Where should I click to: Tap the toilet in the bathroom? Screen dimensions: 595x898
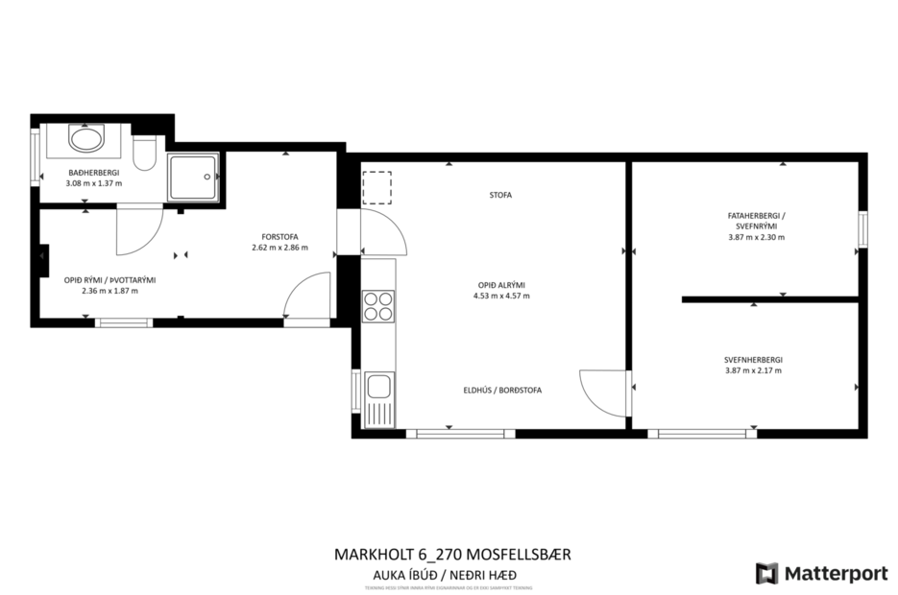[144, 154]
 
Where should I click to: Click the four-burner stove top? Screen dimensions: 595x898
[378, 305]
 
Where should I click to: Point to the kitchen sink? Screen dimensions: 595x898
[378, 389]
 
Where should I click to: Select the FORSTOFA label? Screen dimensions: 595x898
[279, 236]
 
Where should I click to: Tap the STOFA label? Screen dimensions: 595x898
[500, 195]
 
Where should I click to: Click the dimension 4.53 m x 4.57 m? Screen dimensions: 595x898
[500, 296]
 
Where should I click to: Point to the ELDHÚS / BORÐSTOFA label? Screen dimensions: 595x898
[500, 391]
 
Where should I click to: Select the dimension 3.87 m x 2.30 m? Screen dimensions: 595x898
[756, 236]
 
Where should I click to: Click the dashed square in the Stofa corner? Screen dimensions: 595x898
[377, 187]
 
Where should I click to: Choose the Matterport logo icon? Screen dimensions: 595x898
[767, 573]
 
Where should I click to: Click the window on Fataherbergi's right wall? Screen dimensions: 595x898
[862, 230]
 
